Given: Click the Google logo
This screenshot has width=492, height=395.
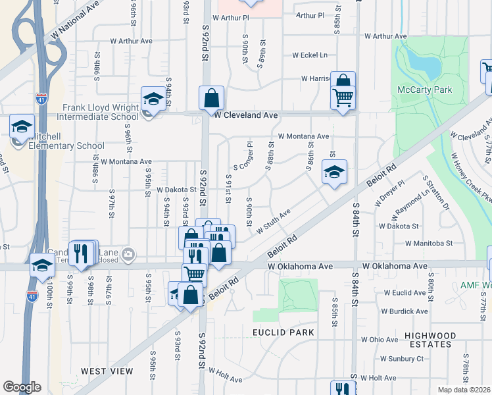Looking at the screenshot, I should [x=22, y=386].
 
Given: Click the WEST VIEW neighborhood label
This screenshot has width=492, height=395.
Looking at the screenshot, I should [x=107, y=371].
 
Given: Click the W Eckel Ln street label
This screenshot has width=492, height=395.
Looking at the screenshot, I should [x=310, y=55].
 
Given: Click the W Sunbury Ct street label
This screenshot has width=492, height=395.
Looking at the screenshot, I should [x=405, y=359].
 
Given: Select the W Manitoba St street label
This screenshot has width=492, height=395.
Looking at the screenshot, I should [x=429, y=243].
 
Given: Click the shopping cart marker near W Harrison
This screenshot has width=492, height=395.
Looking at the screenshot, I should [x=343, y=97].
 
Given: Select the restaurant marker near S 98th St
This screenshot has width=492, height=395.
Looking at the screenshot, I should [x=82, y=253].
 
